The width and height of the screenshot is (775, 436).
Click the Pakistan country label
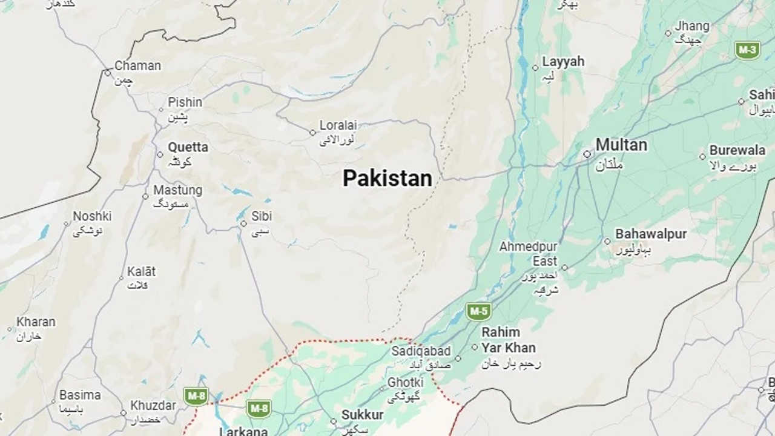coord(387,178)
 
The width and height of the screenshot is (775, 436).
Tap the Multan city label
coord(621,145)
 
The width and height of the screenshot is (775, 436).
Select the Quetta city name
coord(188,147)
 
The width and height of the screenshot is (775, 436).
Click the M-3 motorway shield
coord(748,50)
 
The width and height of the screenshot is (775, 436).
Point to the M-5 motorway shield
coord(478,312)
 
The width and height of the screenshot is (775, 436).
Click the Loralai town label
coord(338,126)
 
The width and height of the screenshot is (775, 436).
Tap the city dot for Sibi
coord(243,223)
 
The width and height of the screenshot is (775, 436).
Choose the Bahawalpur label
coord(651,234)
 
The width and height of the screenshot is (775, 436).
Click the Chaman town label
coord(137,65)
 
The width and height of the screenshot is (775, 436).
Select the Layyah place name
coord(563,61)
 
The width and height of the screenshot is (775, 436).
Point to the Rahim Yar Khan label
coord(508,340)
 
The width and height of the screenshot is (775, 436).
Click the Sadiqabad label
coord(421,351)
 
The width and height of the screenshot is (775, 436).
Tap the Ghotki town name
coord(405,382)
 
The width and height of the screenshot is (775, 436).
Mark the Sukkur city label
coord(362,415)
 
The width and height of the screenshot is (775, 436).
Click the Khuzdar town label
coord(153,405)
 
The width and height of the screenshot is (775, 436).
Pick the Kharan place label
coord(36,322)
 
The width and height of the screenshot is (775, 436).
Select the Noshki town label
coord(92,216)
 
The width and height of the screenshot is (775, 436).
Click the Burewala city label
coord(737,150)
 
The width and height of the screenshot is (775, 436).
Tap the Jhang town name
coord(692,26)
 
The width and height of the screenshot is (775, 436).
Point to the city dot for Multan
coord(587,154)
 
